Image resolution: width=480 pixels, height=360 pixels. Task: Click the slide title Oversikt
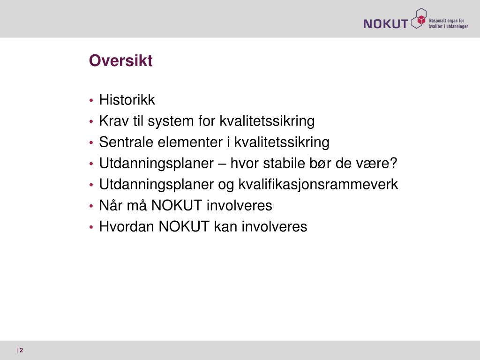(120, 60)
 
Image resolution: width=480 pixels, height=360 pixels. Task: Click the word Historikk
(127, 99)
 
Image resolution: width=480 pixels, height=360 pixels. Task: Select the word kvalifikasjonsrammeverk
(318, 185)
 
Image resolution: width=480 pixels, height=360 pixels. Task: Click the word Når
(111, 205)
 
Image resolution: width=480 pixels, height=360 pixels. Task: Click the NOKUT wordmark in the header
(386, 23)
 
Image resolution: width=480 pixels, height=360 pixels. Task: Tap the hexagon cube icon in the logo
(419, 18)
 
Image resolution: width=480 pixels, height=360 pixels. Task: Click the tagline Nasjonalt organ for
(447, 21)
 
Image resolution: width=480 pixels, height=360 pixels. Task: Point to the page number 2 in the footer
(22, 350)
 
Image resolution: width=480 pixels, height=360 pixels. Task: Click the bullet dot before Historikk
(91, 100)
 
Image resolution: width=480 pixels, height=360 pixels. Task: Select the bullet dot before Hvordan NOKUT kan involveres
(91, 227)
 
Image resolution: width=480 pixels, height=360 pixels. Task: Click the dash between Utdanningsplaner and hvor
(222, 164)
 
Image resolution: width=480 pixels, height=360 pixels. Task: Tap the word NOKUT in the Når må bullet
(177, 205)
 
